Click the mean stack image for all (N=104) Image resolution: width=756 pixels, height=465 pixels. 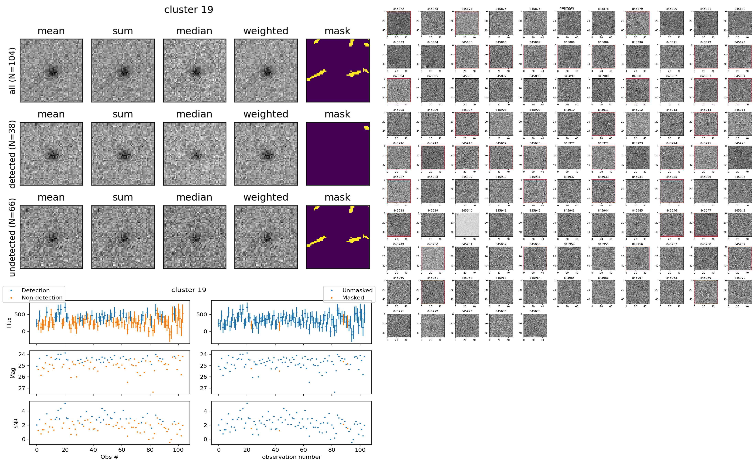[x=51, y=71]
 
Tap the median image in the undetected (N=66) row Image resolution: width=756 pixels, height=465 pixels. [x=194, y=237]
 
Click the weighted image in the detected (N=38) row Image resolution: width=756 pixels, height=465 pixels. [x=266, y=154]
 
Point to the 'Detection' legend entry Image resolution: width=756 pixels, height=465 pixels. [x=35, y=290]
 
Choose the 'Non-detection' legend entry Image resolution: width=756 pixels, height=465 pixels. [x=42, y=297]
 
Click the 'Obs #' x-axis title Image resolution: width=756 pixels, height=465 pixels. [x=109, y=457]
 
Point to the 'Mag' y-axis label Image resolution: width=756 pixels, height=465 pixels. [x=13, y=373]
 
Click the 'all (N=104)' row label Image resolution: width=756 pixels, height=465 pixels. [x=12, y=71]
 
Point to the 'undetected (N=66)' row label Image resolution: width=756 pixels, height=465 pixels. [x=12, y=237]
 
